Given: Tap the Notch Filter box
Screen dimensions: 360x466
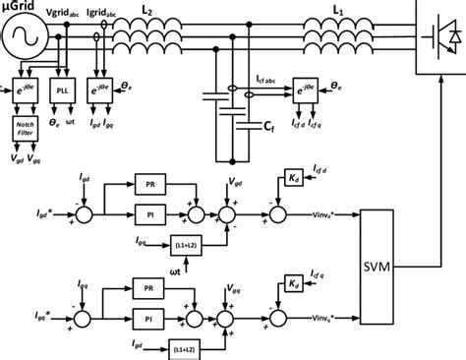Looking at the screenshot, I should [24, 128].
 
